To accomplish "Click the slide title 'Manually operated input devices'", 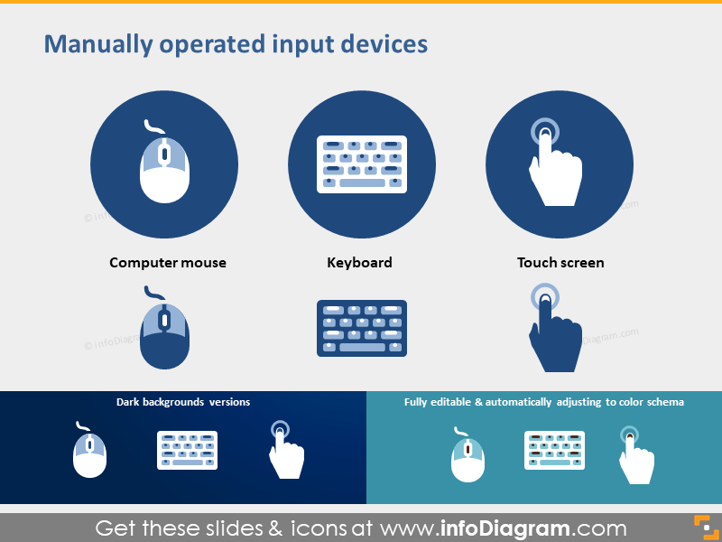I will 236,44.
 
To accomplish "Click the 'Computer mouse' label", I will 168,263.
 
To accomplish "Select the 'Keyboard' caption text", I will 359,263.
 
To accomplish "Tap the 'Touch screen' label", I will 560,263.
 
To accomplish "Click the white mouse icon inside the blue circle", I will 164,167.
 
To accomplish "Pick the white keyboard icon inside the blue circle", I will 362,164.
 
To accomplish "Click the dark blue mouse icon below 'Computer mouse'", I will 164,332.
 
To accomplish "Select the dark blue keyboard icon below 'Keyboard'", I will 362,328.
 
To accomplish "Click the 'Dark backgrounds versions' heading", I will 183,402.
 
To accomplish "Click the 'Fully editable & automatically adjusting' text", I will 543,402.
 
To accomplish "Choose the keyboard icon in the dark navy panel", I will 188,450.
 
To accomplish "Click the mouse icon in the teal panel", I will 467,455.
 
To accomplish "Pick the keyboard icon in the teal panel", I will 554,450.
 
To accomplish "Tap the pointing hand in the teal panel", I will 634,456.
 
